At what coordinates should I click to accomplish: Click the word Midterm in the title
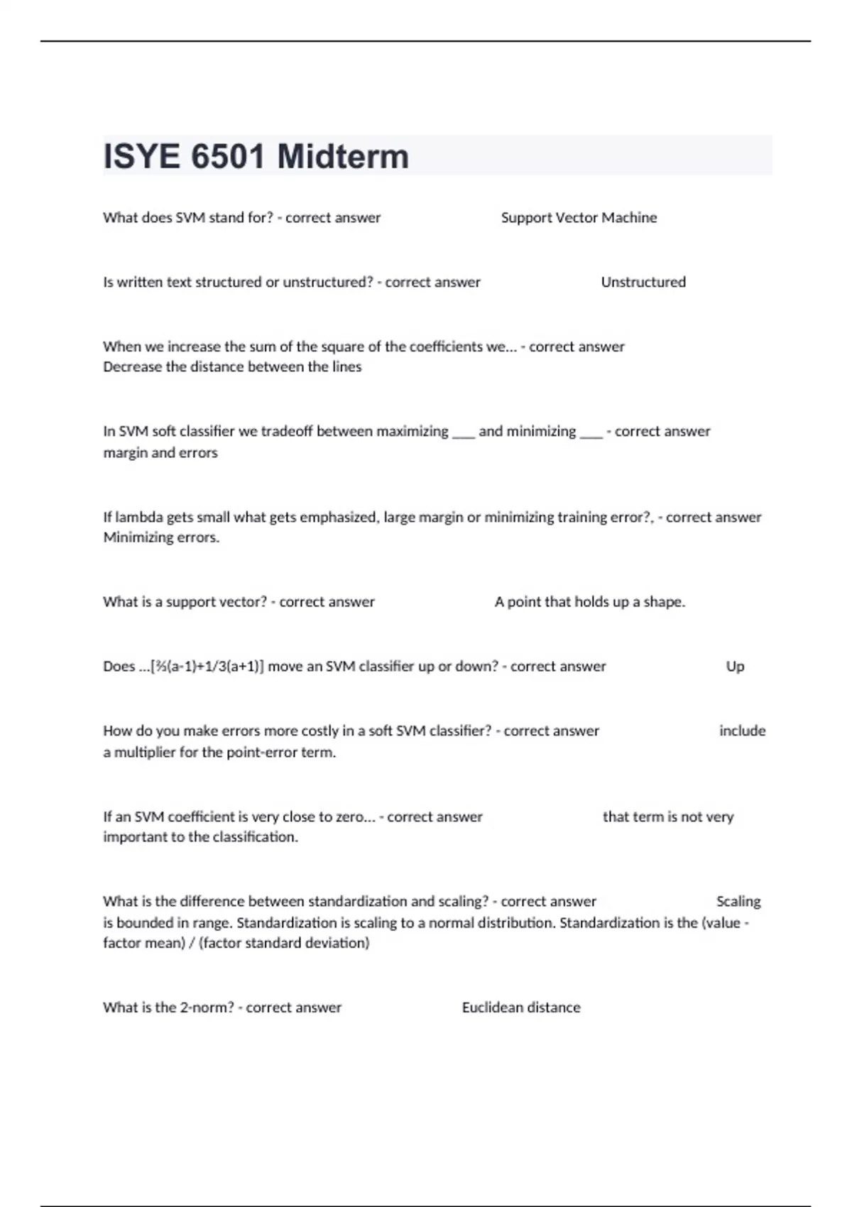(343, 157)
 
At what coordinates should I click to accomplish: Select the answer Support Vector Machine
(579, 218)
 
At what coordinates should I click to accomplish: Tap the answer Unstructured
(643, 283)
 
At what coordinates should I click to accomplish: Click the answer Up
(735, 667)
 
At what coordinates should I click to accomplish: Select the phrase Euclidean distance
(521, 1007)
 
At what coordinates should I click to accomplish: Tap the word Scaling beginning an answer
(738, 902)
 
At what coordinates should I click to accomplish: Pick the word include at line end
(742, 731)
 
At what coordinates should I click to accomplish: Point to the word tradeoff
(286, 432)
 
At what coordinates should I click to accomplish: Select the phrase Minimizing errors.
(161, 537)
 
